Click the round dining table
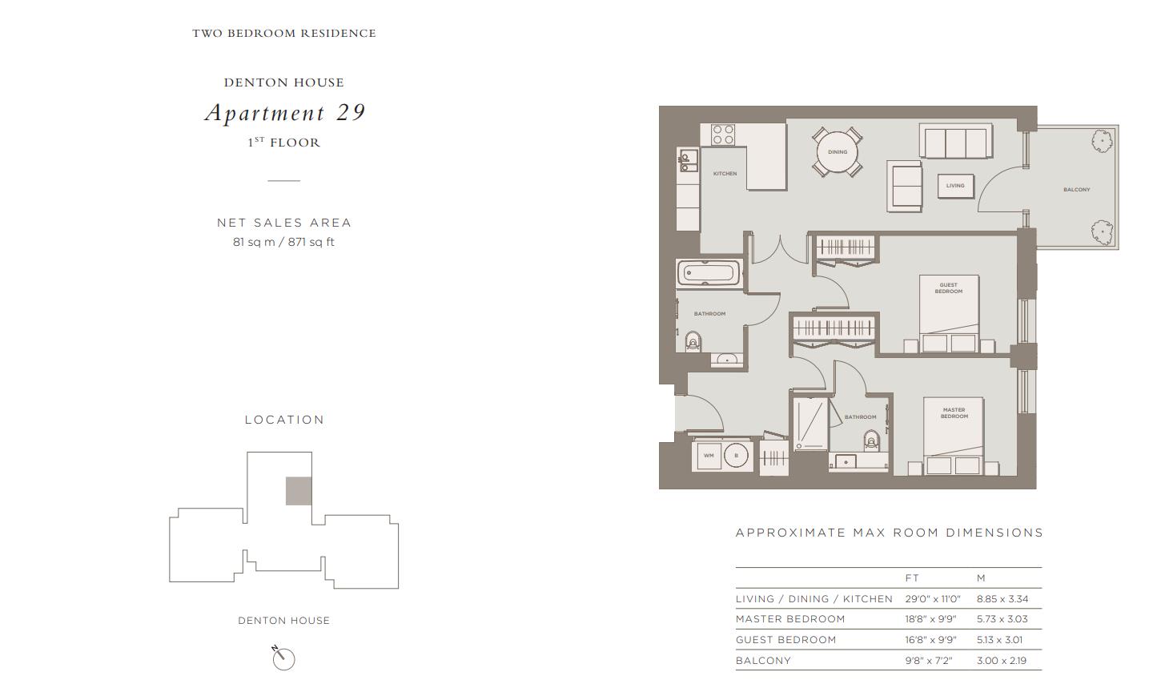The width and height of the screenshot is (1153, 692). coord(838,152)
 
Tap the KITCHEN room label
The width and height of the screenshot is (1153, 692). coord(725,174)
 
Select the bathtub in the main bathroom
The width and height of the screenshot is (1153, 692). coord(709,273)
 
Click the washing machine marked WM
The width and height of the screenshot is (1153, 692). coord(709,456)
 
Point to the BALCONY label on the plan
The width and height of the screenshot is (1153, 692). coord(1077,190)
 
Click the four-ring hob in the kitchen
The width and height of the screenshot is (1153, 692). coord(723,135)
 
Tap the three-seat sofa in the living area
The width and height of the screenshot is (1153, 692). coord(956,141)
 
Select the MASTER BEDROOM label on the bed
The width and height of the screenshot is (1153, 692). coord(954,413)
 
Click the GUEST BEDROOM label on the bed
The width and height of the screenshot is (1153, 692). coord(949,288)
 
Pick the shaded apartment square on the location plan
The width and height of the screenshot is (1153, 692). coord(299,491)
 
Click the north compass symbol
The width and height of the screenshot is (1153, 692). coord(283,658)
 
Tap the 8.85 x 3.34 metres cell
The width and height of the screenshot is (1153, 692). coord(1002,599)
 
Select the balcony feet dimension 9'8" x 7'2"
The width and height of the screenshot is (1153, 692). coord(929,661)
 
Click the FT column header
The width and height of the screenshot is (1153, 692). coord(912,577)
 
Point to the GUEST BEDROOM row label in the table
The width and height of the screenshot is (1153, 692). coord(786,639)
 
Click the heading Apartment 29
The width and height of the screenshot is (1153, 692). coord(285,113)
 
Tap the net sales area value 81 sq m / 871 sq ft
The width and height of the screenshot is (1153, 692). coord(283,242)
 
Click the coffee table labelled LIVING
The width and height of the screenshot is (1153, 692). coord(955,186)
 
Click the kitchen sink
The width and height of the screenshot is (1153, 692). coord(687,160)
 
